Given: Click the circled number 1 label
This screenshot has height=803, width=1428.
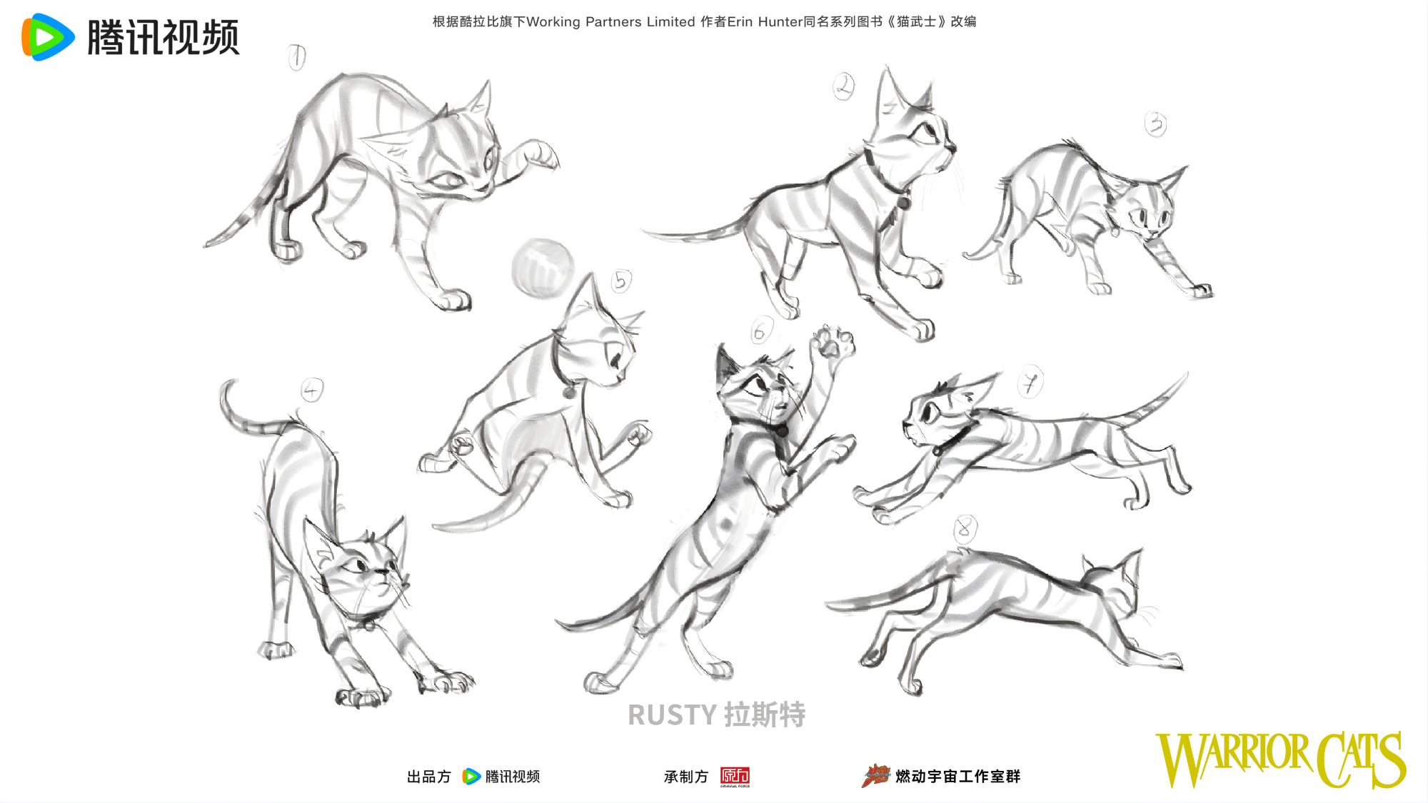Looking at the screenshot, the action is [x=296, y=57].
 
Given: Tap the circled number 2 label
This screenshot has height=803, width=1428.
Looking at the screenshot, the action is [x=844, y=86].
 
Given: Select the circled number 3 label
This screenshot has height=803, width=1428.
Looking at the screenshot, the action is [x=1156, y=124].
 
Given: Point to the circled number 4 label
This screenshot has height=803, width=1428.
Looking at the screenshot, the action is [x=311, y=390].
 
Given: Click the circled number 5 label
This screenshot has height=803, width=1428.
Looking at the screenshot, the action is [x=621, y=281].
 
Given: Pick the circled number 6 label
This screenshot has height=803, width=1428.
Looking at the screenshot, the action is [x=760, y=330].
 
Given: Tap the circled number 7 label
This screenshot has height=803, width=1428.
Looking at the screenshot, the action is [x=1030, y=383].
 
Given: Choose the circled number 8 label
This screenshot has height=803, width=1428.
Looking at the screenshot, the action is [x=965, y=529].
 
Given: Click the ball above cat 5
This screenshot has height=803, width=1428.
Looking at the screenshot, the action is [x=543, y=268].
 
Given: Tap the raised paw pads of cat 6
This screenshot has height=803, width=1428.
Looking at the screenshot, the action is [x=832, y=343].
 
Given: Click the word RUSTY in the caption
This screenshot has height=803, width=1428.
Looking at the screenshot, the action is [x=672, y=715].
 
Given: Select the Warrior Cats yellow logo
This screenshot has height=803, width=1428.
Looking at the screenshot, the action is [x=1281, y=759].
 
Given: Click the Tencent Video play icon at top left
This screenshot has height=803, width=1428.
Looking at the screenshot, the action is [x=48, y=37].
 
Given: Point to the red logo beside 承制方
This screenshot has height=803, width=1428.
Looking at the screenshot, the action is [x=735, y=777].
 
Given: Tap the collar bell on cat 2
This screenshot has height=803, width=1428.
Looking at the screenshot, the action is [x=904, y=202].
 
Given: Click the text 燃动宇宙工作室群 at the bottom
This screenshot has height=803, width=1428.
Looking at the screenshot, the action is [x=958, y=777].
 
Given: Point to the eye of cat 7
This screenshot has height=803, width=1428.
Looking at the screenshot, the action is [x=929, y=412].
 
